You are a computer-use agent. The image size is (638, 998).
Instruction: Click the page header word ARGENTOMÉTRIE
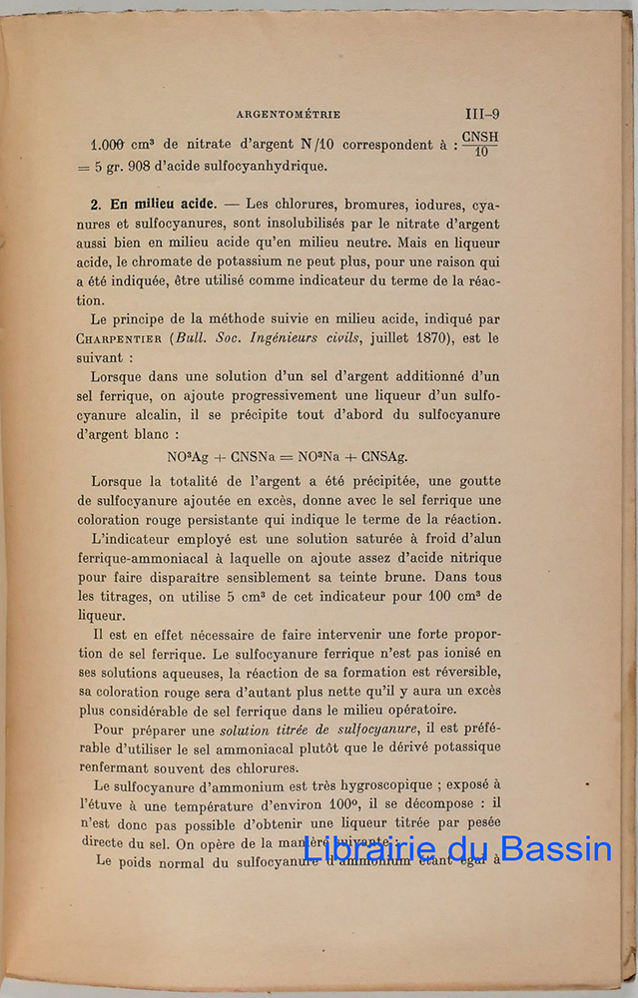click(284, 115)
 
